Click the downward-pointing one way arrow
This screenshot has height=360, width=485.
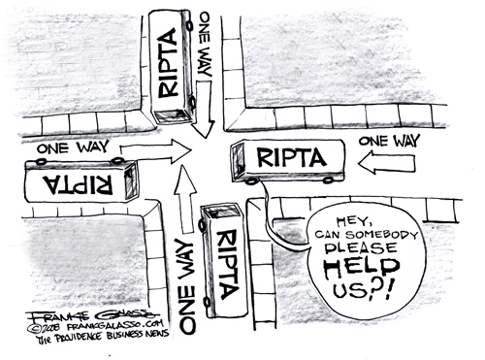(204, 110)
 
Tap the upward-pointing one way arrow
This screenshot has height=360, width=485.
(185, 198)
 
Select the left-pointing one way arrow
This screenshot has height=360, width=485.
(387, 163)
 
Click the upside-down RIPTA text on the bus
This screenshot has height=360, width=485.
(81, 184)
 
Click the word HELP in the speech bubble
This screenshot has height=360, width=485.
(362, 268)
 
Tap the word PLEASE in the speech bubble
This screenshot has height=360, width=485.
(361, 248)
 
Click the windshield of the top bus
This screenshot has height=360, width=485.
(171, 115)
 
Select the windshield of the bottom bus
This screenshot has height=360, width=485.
(221, 211)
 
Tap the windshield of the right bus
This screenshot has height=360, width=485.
(238, 161)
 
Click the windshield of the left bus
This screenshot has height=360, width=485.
(131, 181)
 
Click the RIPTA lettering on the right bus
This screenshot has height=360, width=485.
(291, 157)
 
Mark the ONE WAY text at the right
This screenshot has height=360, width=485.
(389, 141)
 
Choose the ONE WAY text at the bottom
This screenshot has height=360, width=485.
(187, 286)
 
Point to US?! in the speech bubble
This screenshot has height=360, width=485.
(363, 290)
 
